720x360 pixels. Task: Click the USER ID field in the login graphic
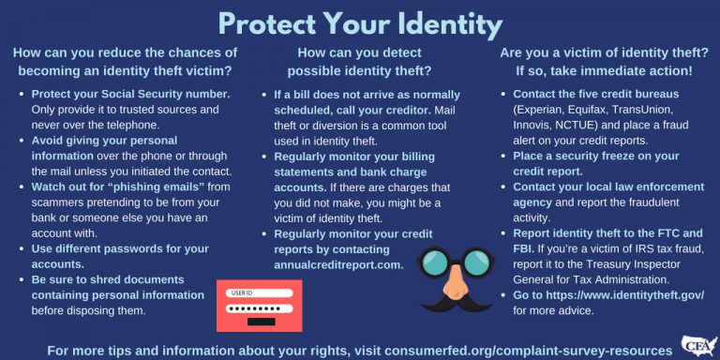tap(261, 291)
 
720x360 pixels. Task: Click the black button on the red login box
tap(261, 322)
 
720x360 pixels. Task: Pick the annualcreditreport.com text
tap(338, 264)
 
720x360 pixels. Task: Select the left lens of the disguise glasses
tap(432, 264)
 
